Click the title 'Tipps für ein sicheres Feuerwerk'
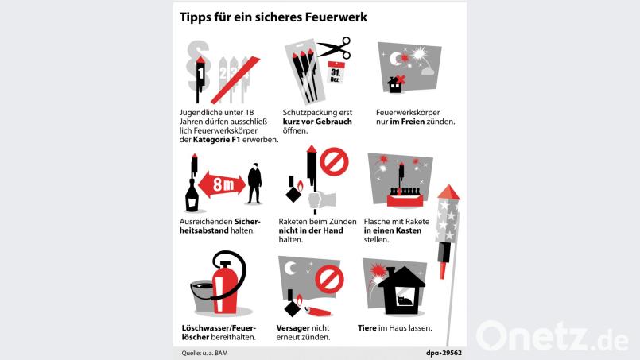click(x=273, y=17)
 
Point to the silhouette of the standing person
click(x=254, y=184)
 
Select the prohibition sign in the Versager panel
click(x=329, y=279)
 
